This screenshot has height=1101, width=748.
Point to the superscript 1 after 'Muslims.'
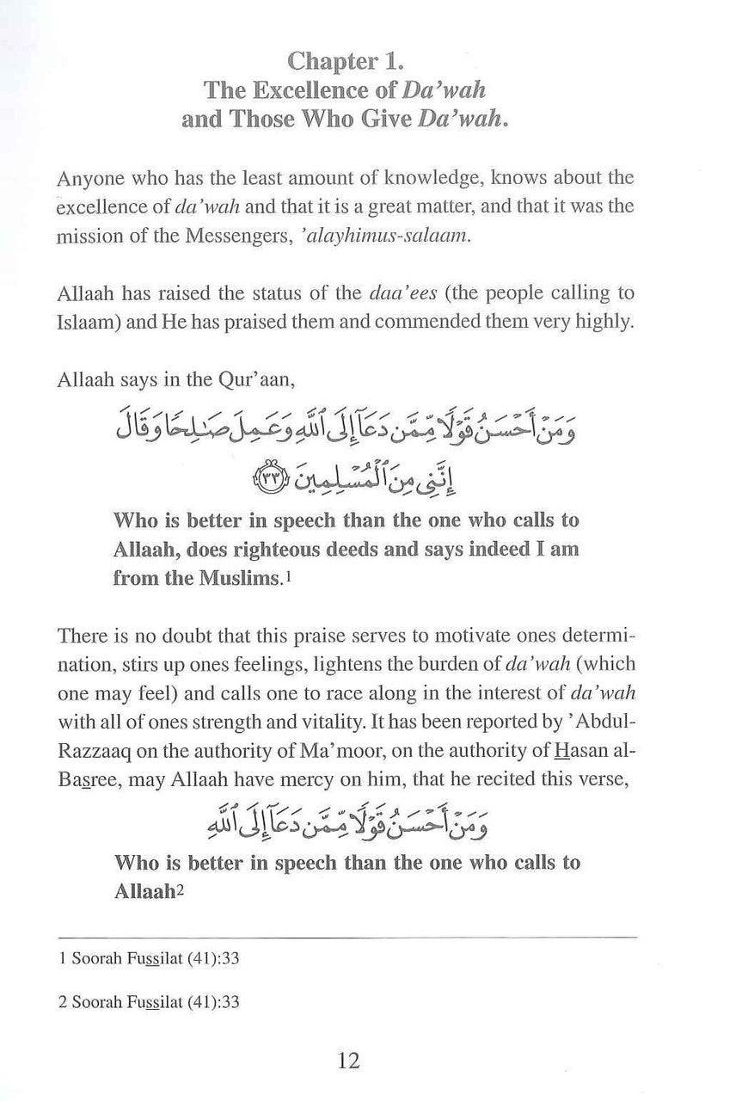click(x=288, y=578)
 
